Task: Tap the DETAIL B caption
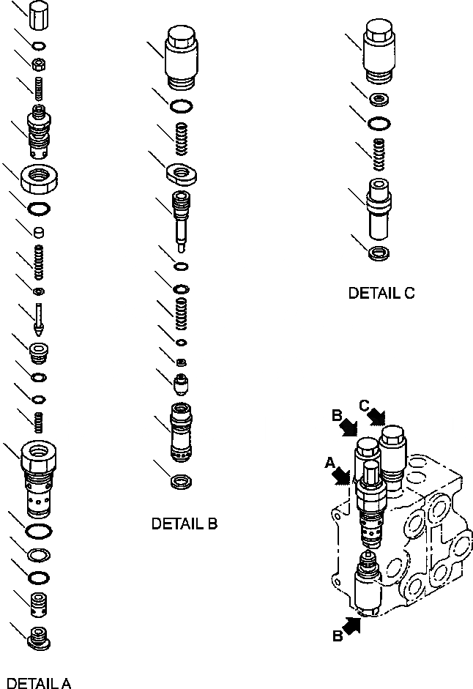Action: [x=184, y=524]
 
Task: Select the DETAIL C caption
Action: [x=381, y=293]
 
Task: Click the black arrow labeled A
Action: [x=338, y=474]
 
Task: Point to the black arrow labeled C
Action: [x=377, y=415]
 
